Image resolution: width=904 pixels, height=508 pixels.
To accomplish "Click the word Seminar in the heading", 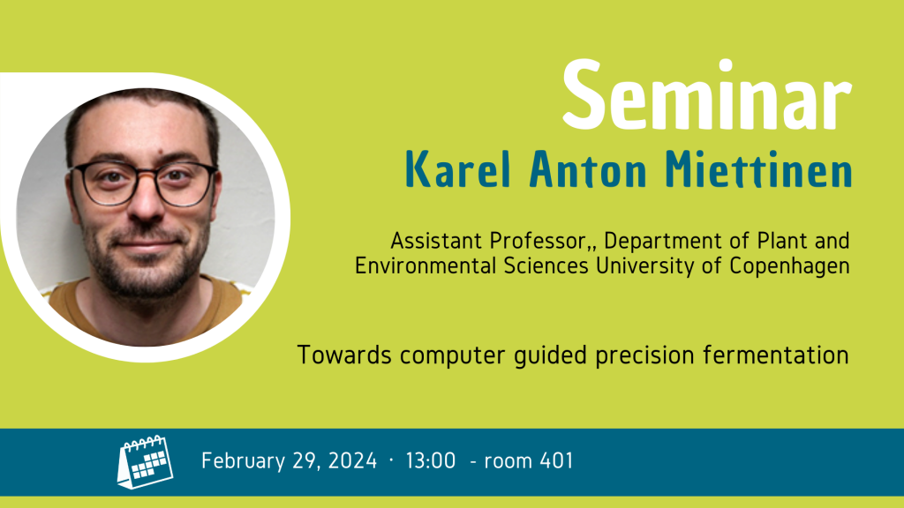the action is click(x=707, y=95).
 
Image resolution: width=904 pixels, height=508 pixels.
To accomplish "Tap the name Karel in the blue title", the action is click(x=458, y=169).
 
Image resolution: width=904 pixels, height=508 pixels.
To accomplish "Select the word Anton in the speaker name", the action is click(x=588, y=169).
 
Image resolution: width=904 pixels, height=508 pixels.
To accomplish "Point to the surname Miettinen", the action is click(x=758, y=169).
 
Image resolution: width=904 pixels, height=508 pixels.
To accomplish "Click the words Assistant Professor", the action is click(x=487, y=241).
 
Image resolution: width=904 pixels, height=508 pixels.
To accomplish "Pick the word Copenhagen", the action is click(x=789, y=266).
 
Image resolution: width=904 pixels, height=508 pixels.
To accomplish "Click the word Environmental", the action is click(x=426, y=266).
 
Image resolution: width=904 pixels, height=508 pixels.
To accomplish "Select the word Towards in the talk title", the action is click(x=345, y=355).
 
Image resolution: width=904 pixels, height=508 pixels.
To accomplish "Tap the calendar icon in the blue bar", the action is click(x=146, y=462).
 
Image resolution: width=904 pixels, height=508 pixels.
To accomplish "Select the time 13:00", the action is click(x=431, y=460).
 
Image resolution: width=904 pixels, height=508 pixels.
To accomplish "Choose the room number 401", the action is click(x=557, y=460).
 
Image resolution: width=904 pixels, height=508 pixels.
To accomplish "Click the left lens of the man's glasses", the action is click(x=109, y=184).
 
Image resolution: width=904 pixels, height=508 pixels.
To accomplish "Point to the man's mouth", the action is click(x=147, y=245).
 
